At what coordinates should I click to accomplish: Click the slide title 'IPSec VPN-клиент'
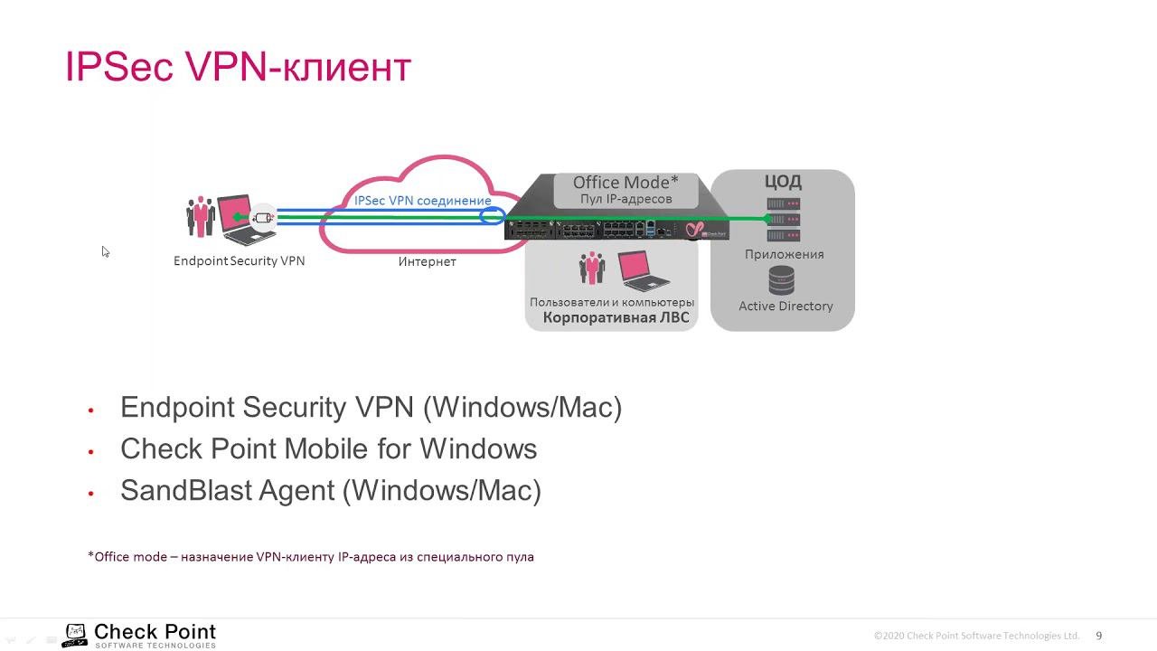(x=238, y=68)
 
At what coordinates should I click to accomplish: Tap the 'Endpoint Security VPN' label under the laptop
(x=239, y=261)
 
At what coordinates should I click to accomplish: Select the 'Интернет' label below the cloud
(x=427, y=262)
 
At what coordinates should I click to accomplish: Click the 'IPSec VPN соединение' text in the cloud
(x=422, y=201)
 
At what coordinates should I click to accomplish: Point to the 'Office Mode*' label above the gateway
(x=626, y=183)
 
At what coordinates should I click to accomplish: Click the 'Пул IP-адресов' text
(x=626, y=199)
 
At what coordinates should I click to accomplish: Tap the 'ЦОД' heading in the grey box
(x=783, y=182)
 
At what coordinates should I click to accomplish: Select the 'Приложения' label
(x=784, y=255)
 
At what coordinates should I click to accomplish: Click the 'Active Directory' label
(x=785, y=307)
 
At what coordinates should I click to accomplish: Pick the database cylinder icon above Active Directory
(x=782, y=280)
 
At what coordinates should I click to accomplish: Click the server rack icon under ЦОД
(x=783, y=220)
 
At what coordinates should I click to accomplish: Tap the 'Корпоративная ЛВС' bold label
(x=616, y=317)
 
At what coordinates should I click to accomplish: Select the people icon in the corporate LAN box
(x=592, y=269)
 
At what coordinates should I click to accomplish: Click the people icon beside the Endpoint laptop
(x=200, y=217)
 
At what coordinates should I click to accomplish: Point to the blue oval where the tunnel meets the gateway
(x=493, y=216)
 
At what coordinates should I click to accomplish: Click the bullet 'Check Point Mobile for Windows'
(x=328, y=449)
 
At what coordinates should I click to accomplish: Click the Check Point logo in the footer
(x=140, y=635)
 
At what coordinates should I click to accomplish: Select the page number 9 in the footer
(x=1099, y=636)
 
